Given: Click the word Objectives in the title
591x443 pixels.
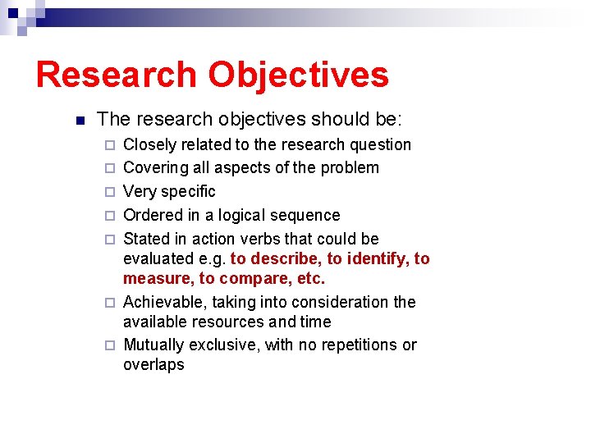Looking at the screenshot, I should click(298, 75).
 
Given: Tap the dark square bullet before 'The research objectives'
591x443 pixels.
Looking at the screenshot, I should click(80, 121).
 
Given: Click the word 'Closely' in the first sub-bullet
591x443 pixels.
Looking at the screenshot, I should click(149, 145).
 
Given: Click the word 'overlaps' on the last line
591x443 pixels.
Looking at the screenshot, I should click(153, 365).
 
